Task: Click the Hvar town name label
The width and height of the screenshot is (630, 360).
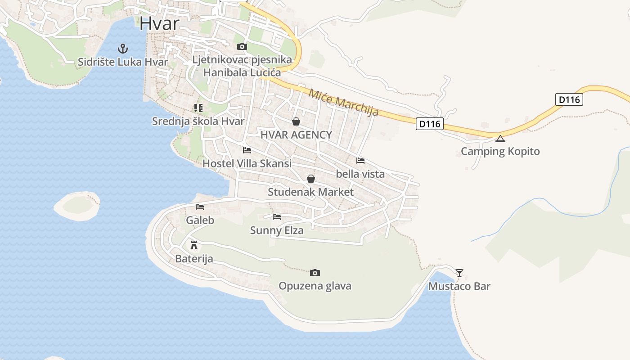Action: coord(159,23)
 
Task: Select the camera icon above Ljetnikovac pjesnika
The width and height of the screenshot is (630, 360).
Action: coord(242,46)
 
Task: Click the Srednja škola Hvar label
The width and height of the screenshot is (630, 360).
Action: coord(198,121)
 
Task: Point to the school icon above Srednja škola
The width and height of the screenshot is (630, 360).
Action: coord(198,108)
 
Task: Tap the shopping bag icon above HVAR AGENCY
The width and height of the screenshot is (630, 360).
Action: coord(296,121)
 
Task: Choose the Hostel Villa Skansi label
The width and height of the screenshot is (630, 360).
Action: coord(247,163)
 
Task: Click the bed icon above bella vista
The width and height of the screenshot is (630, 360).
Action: coord(360,160)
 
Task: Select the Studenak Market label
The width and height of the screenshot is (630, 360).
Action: coord(310,192)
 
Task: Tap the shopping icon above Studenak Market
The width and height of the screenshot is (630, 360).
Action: coord(310,179)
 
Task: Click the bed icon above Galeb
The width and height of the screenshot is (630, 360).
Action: coord(200,207)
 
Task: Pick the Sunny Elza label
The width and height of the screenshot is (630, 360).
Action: coord(277,230)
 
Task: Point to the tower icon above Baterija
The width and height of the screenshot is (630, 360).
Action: coord(194,245)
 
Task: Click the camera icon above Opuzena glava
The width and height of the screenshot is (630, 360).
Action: coord(315,273)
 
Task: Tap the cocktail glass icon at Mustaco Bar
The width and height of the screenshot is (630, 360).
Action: coord(459,273)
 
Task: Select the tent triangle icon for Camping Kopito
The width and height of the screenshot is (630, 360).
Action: coord(500,138)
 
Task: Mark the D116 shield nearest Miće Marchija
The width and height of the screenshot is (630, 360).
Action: coord(430,124)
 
